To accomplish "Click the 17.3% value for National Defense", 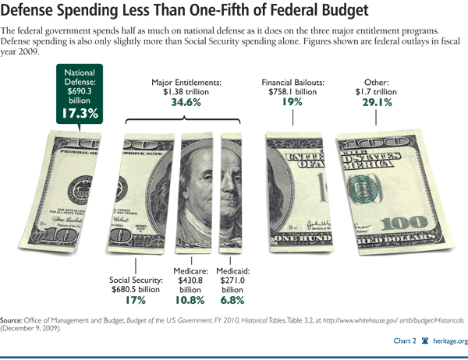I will click(x=77, y=113).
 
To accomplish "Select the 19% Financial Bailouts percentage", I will click(x=292, y=103).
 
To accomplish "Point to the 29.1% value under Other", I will click(x=381, y=103).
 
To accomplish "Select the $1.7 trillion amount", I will click(x=381, y=91).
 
